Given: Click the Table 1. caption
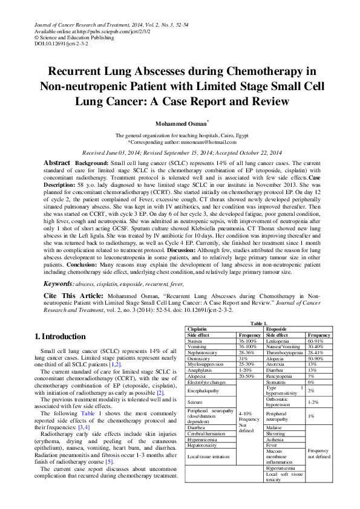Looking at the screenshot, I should (x=259, y=324).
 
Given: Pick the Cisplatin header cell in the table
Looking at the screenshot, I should (x=198, y=329).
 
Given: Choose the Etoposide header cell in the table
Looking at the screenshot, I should (x=277, y=329).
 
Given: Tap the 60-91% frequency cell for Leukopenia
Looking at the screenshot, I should (x=316, y=341).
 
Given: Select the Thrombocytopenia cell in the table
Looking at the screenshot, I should (x=286, y=352).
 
